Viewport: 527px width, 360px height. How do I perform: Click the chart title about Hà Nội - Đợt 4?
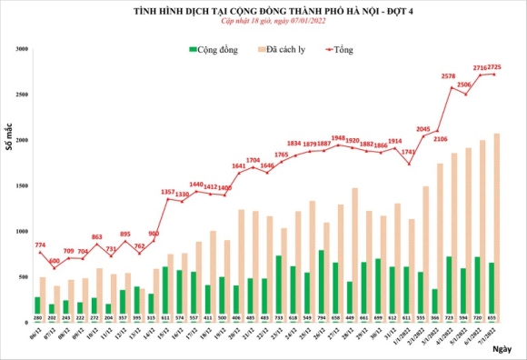pos(263,11)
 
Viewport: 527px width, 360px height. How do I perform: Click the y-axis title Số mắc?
pos(9,141)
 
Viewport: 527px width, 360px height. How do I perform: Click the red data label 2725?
pos(497,67)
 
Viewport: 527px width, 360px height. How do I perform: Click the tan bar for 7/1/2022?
pos(497,227)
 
